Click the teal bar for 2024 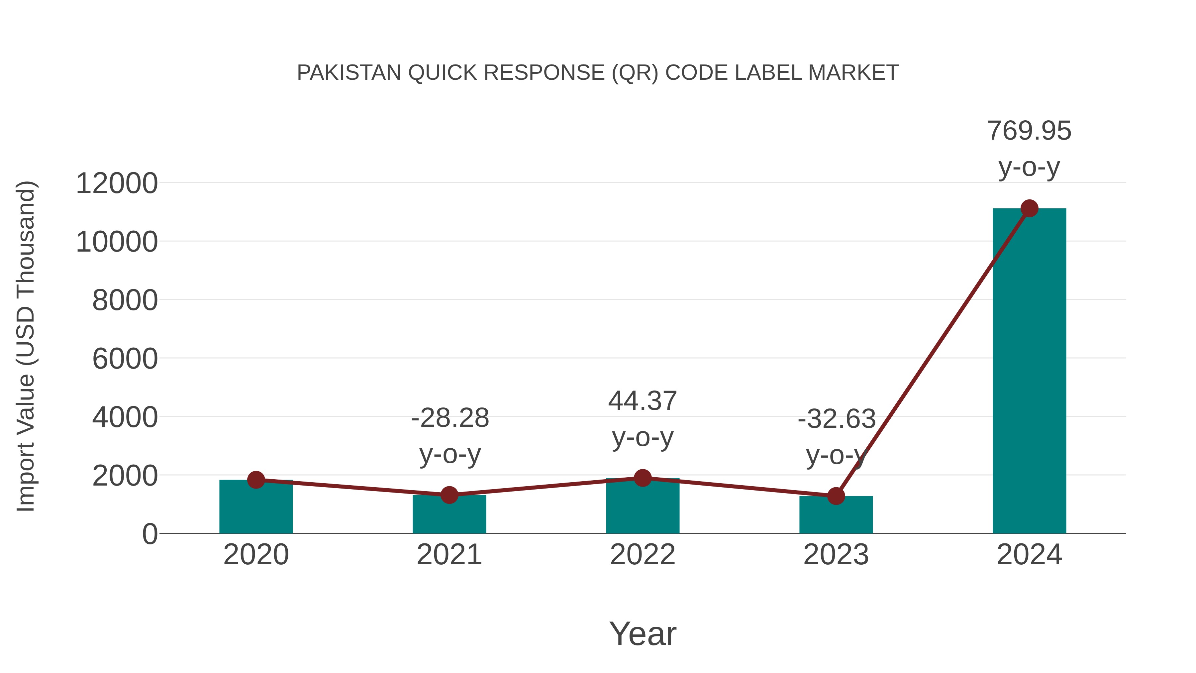(x=1029, y=372)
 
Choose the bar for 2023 (x=836, y=516)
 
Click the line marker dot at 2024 (x=1029, y=208)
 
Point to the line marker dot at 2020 (x=256, y=480)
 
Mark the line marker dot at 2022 (x=643, y=478)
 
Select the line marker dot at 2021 (x=449, y=495)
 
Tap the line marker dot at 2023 (x=836, y=496)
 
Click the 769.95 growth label (x=1029, y=131)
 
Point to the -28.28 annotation (x=450, y=418)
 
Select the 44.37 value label (x=643, y=401)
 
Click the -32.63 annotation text (x=836, y=419)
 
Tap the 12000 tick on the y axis (x=117, y=183)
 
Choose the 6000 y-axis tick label (x=125, y=359)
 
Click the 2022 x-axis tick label (x=643, y=555)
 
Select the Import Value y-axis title (x=26, y=346)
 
